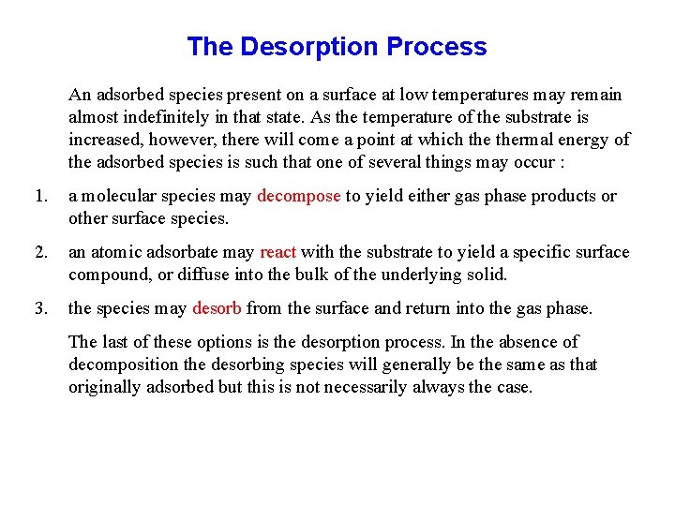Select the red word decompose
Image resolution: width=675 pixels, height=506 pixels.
point(298,196)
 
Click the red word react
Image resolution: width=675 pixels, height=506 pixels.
point(277,252)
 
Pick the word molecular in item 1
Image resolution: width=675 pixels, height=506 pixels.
point(118,196)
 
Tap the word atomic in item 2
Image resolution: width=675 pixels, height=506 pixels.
point(116,252)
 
